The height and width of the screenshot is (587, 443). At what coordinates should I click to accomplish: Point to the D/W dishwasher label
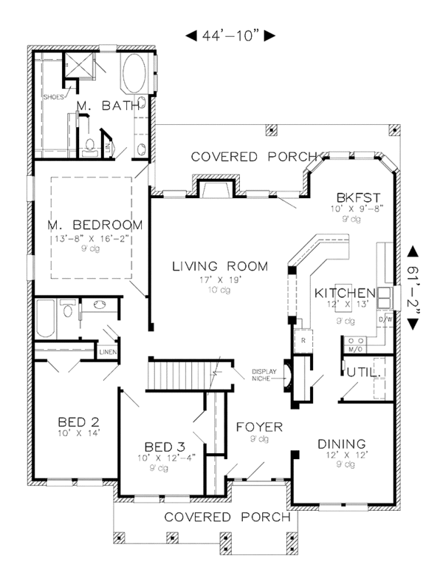coord(385,319)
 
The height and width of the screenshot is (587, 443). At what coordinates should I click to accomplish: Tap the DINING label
coord(343,444)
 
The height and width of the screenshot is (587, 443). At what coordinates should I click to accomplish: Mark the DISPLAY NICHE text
coord(263,375)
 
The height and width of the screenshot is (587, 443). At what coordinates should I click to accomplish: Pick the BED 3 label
coord(163,447)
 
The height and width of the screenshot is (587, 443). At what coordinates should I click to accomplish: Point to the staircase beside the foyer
coord(184,374)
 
